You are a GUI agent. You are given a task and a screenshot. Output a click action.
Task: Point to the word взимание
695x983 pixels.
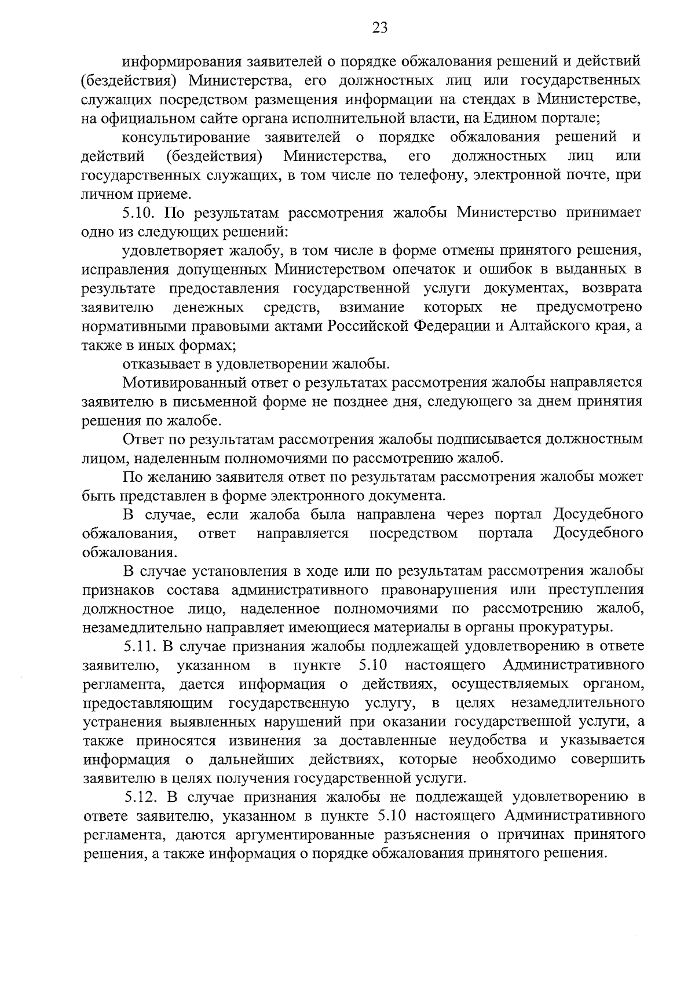coord(372,307)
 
